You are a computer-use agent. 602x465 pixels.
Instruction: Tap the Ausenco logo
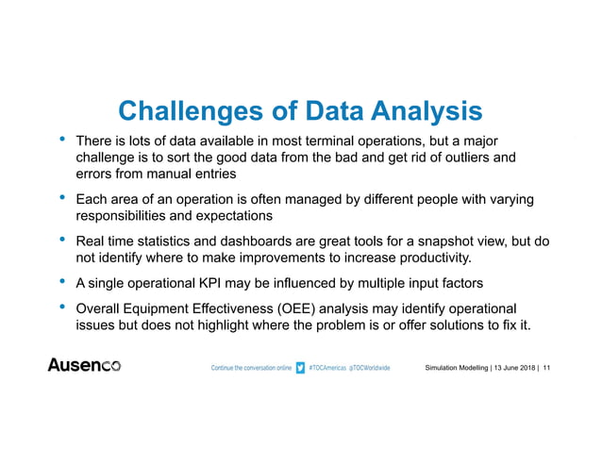[x=84, y=365]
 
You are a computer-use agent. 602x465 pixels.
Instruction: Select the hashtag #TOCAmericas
[x=329, y=366]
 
